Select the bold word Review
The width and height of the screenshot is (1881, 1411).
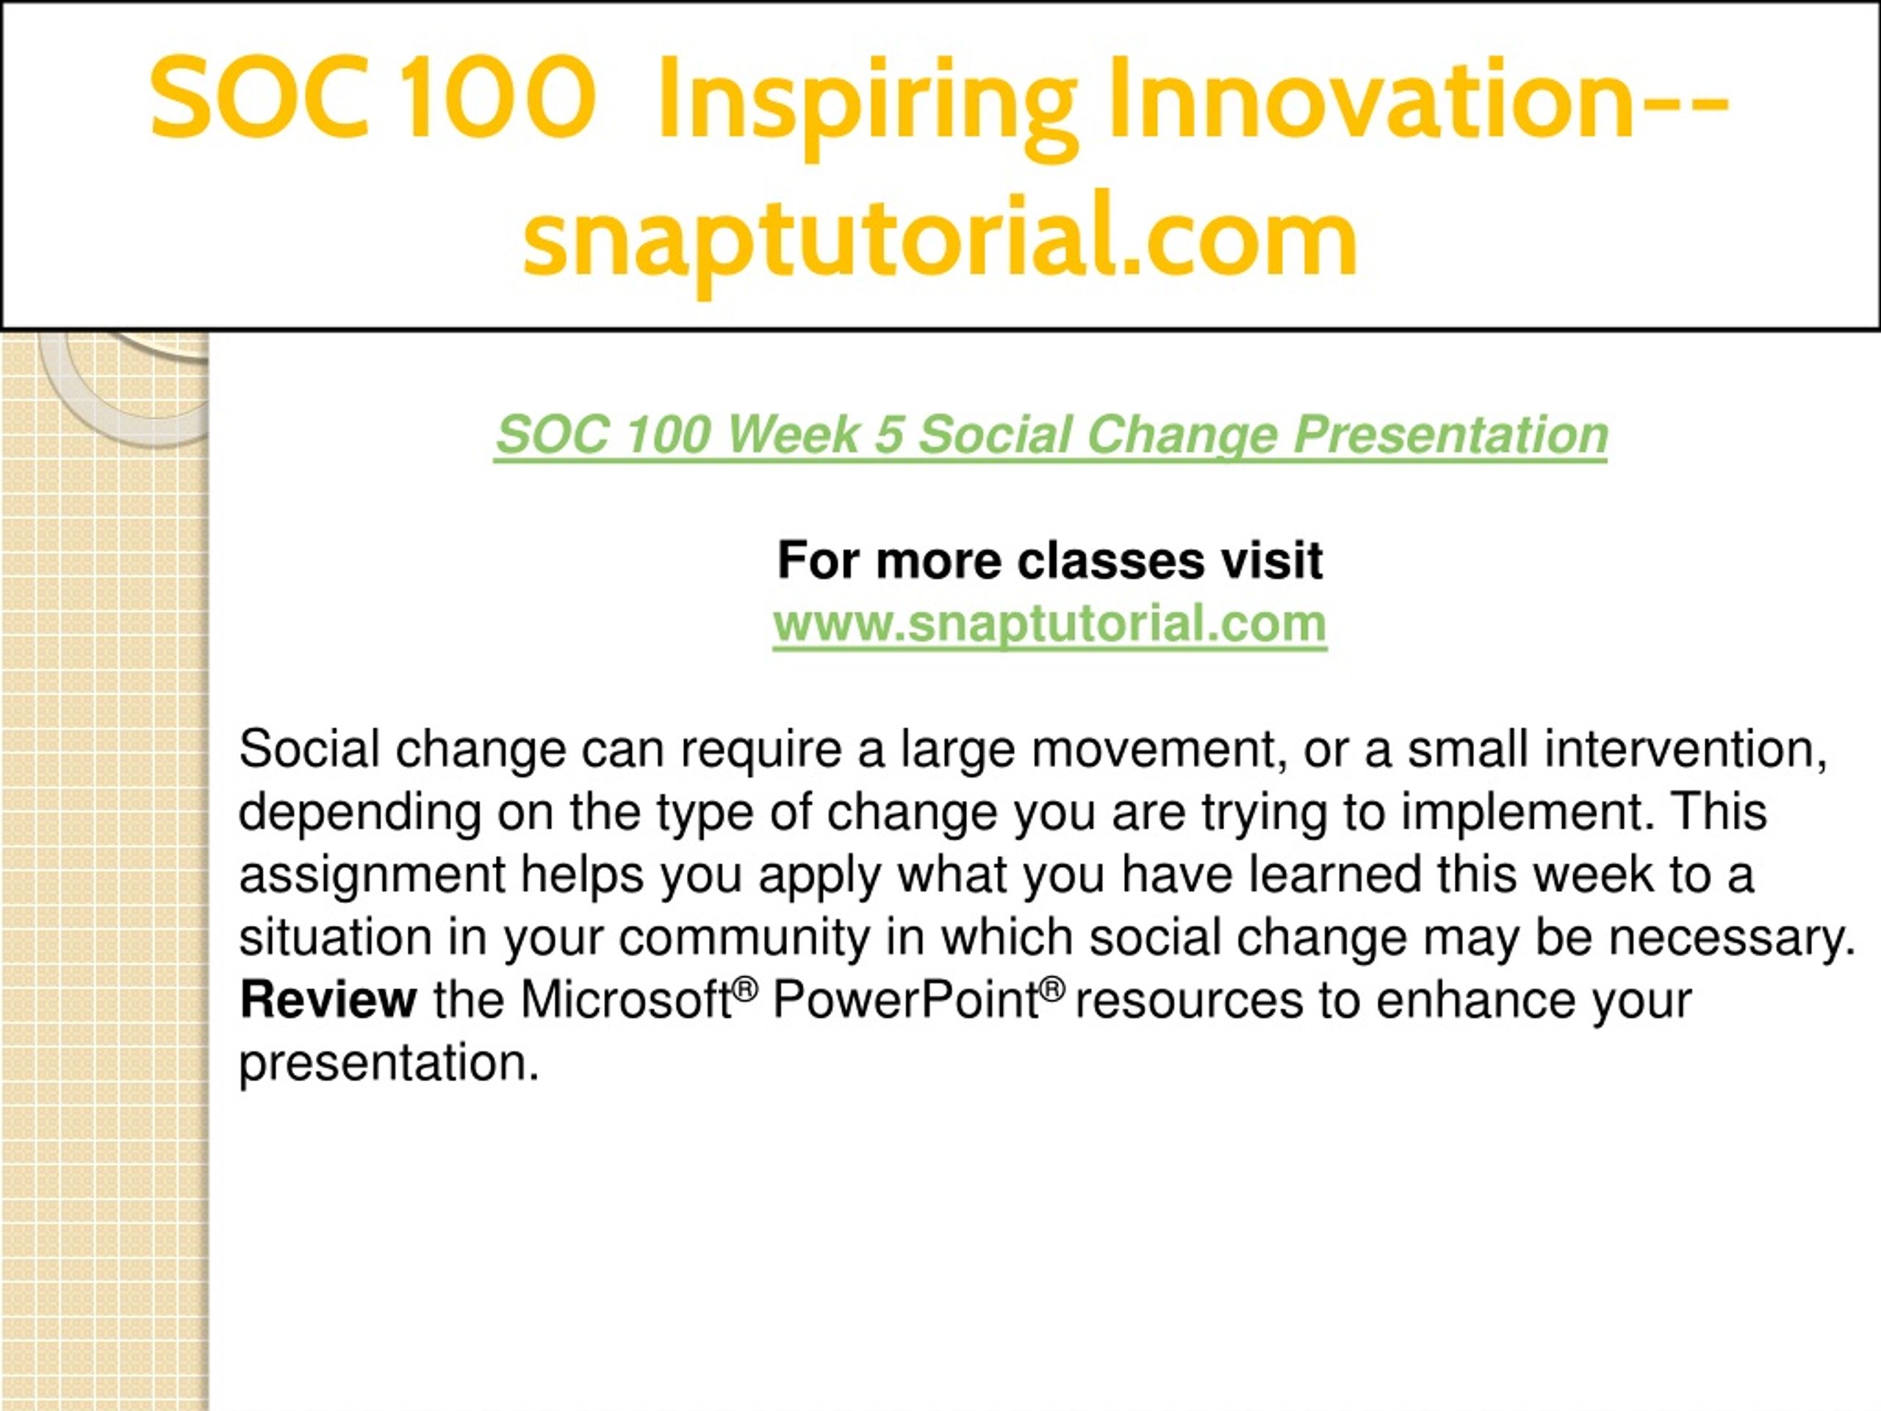328,999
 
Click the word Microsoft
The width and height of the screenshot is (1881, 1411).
627,999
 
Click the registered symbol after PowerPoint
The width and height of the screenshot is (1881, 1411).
1052,988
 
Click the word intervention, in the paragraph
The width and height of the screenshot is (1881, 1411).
1686,750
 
